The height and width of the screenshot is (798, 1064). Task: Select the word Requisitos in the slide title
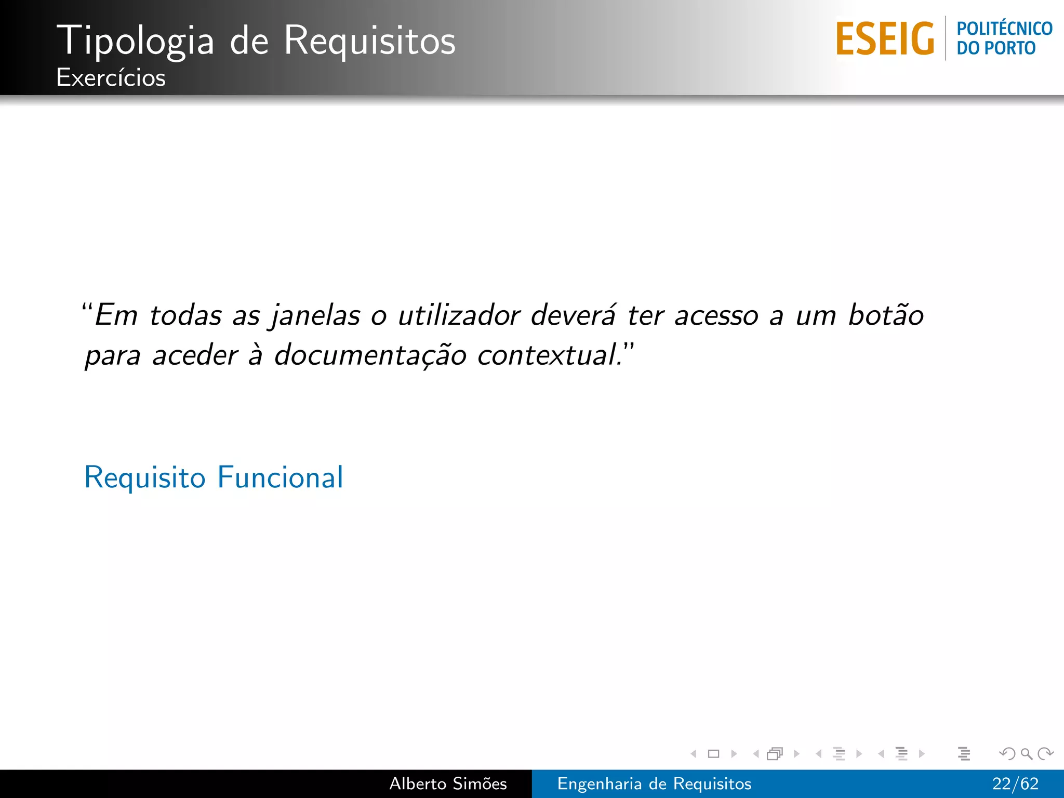tap(369, 41)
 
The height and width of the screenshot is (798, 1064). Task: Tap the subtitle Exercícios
tap(111, 78)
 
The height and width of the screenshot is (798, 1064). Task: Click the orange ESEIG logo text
tap(885, 38)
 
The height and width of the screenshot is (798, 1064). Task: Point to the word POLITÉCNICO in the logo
tap(1004, 29)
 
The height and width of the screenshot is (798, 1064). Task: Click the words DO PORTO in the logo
tap(996, 48)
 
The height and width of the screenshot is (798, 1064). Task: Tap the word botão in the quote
tap(886, 315)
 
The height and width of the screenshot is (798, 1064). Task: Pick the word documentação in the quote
tap(370, 356)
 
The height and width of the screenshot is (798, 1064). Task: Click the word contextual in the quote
tap(548, 356)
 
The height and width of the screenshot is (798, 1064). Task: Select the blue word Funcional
tap(281, 477)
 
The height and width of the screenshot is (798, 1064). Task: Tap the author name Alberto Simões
tap(448, 783)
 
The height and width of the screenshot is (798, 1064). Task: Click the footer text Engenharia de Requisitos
tap(654, 783)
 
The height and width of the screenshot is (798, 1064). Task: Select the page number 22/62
tap(1015, 783)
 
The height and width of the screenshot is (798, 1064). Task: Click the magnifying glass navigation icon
tap(1026, 753)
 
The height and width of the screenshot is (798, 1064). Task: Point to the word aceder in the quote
tap(195, 356)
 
